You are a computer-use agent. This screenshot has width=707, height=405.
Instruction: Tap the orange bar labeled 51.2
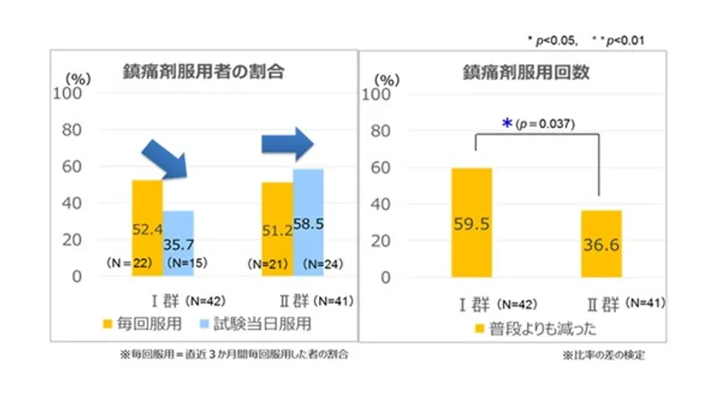[x=277, y=228]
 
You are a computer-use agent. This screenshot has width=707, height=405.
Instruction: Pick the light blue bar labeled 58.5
[x=308, y=221]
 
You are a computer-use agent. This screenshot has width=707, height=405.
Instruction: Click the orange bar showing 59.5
[x=471, y=222]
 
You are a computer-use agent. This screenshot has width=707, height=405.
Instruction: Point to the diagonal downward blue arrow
[x=164, y=159]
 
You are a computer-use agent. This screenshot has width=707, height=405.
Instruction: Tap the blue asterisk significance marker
[x=507, y=124]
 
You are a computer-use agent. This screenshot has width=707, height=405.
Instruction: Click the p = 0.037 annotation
[x=545, y=124]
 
